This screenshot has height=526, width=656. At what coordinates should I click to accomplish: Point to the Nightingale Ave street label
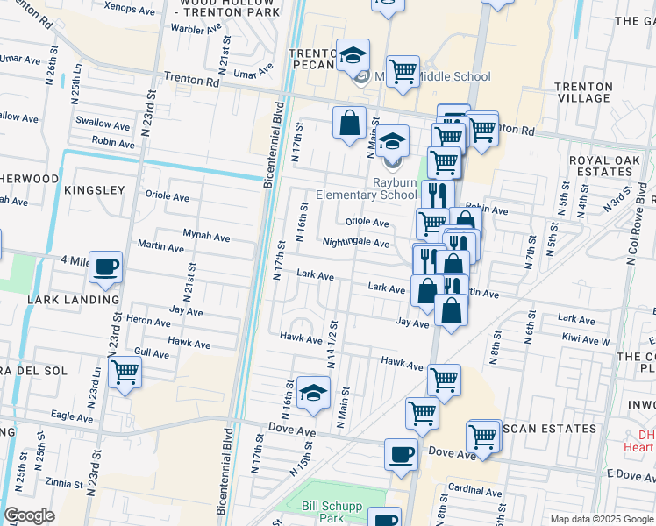355,242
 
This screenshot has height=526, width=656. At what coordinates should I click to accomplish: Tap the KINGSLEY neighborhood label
94,189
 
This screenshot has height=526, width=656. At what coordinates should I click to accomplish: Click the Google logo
29,515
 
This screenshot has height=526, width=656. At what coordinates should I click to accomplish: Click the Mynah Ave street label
206,237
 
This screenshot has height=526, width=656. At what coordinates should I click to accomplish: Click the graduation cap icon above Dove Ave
313,394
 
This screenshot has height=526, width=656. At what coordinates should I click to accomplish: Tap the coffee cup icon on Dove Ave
402,455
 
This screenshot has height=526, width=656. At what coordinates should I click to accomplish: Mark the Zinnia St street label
65,481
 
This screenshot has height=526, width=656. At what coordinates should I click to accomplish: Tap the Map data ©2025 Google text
601,519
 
